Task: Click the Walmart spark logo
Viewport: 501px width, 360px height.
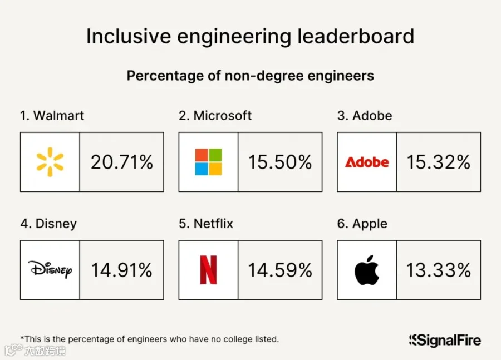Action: tap(50, 162)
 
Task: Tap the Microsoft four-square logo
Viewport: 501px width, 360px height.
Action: tap(208, 162)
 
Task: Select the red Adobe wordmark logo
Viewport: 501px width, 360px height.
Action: tap(367, 162)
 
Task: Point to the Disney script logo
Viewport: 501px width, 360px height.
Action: tap(50, 269)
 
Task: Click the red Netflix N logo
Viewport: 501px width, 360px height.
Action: tap(208, 270)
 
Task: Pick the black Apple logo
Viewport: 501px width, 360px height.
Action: tap(366, 270)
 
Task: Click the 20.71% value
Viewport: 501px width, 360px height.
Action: tap(122, 162)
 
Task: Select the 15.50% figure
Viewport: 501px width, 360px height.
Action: tap(280, 162)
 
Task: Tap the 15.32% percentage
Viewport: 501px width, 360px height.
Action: tap(439, 162)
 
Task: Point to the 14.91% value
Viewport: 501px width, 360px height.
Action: tap(122, 270)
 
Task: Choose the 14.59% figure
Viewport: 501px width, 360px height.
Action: tap(280, 270)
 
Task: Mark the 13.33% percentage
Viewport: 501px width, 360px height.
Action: tap(439, 270)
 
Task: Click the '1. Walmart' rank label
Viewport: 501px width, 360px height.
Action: tap(52, 115)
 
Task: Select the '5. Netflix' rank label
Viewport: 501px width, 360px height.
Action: tap(206, 223)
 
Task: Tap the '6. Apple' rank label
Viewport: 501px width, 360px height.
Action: tap(362, 224)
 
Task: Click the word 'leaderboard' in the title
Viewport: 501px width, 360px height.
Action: tap(356, 36)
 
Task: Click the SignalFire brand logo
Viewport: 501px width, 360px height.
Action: tap(445, 341)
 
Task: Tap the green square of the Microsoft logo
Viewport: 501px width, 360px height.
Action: tap(215, 155)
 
